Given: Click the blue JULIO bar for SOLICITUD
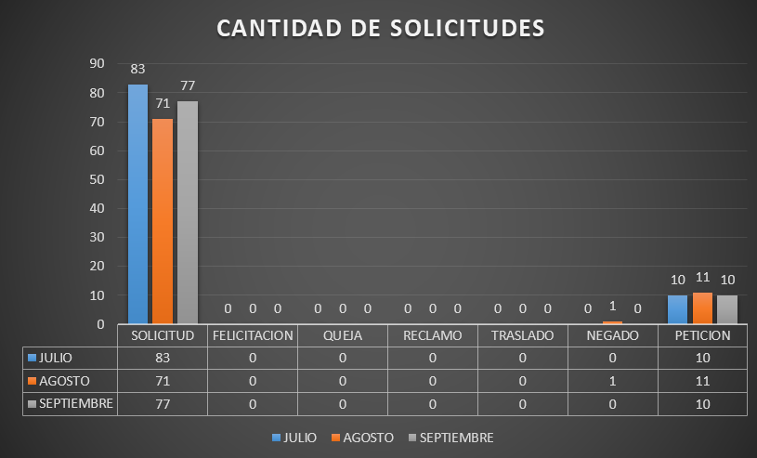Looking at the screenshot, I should pos(137,203).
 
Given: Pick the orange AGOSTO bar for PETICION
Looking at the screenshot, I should pos(702,308).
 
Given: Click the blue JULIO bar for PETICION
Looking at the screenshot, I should pos(677,309).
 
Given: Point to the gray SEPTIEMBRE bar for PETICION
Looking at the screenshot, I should pos(727,309).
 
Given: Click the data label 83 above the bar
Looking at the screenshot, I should pos(137,69).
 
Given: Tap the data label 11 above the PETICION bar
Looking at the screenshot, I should pos(702,277).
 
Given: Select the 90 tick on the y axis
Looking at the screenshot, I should pos(97,63).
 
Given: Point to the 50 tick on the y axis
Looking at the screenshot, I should pos(97,179).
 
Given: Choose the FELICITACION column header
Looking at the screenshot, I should pos(253,335).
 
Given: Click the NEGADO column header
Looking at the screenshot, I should pos(612,335).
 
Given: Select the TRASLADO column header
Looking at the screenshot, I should pos(522,335).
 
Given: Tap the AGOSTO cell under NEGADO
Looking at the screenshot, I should pos(612,381).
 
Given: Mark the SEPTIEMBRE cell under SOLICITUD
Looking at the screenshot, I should pos(163,404).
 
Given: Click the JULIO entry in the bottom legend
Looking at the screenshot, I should pos(294,438).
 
